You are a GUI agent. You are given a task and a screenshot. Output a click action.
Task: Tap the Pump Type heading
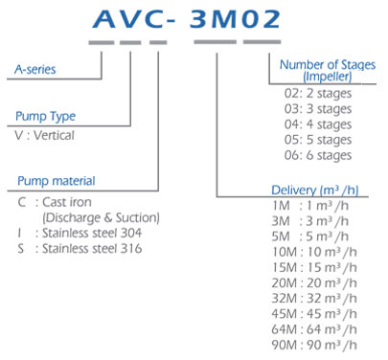[x=46, y=117]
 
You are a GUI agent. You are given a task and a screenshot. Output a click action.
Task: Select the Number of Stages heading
[x=327, y=64]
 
